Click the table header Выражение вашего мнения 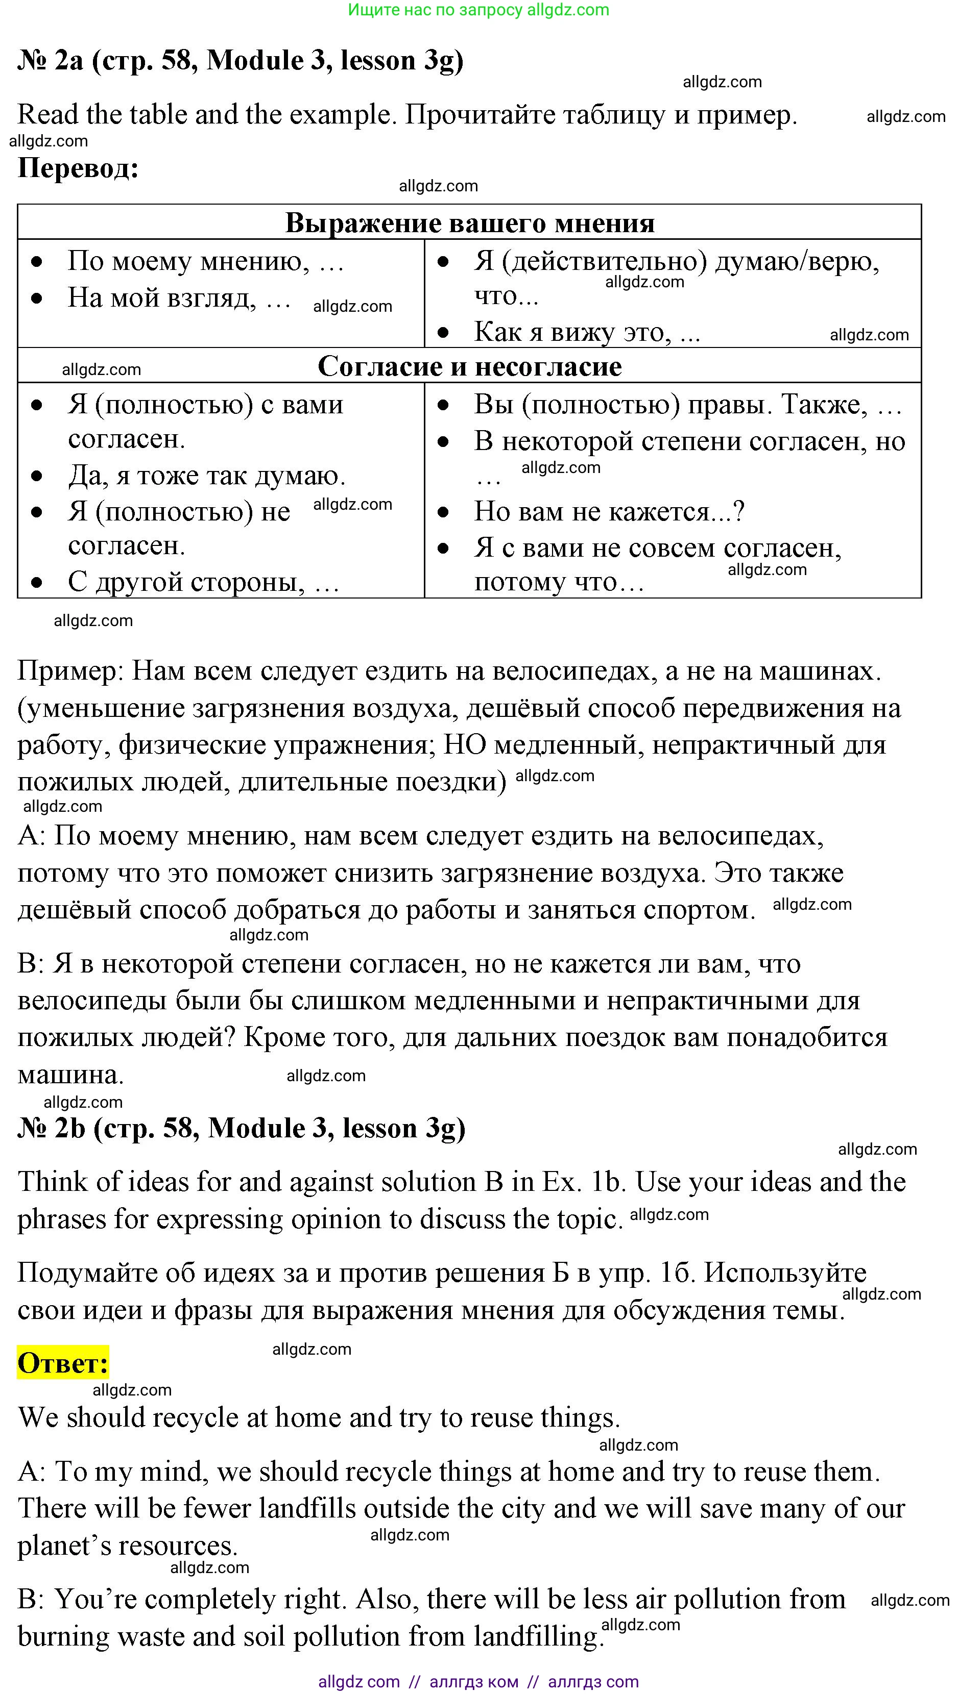[469, 223]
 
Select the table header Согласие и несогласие [469, 366]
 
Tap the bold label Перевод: [78, 168]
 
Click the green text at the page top [478, 10]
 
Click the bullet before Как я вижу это [443, 333]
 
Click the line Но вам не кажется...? [609, 512]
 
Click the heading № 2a [50, 61]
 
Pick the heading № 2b [51, 1129]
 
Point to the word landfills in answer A [307, 1509]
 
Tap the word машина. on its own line [70, 1075]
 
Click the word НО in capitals [465, 745]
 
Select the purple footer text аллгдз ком [474, 1682]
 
